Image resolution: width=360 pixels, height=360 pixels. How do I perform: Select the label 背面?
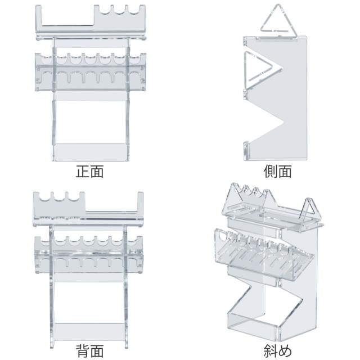point(89,352)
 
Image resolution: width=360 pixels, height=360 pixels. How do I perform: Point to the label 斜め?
point(277,352)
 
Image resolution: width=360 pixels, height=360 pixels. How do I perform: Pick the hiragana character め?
point(285,352)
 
